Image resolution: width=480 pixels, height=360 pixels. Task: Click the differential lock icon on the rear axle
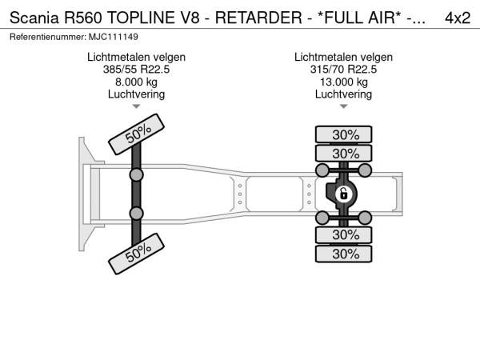click(x=343, y=194)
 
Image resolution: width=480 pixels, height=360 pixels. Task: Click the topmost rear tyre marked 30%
click(x=345, y=134)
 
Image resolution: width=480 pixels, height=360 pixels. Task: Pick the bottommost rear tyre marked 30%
click(x=345, y=253)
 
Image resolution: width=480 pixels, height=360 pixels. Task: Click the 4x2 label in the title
click(x=457, y=18)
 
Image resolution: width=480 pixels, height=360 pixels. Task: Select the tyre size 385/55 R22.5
click(x=136, y=70)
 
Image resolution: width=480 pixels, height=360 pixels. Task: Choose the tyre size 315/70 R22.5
click(x=343, y=70)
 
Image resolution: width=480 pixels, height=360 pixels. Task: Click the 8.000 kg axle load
click(x=136, y=82)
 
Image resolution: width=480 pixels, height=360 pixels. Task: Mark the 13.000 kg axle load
click(x=343, y=82)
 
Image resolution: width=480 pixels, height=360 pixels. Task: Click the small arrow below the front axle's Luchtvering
click(x=136, y=106)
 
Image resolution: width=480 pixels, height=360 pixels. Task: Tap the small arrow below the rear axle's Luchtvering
click(x=343, y=106)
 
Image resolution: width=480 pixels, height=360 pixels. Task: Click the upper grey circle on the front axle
click(x=136, y=174)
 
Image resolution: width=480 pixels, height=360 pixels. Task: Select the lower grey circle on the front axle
click(x=136, y=213)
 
